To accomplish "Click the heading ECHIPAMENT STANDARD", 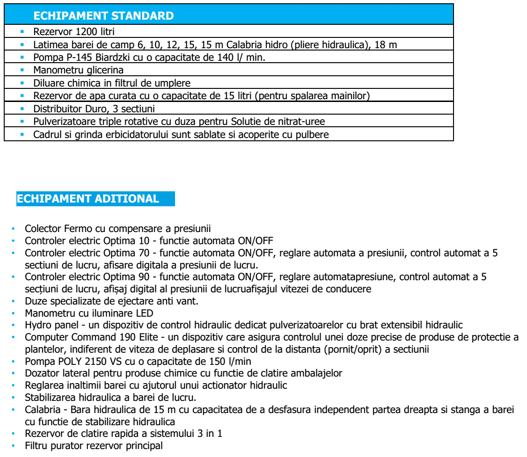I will coord(104,16).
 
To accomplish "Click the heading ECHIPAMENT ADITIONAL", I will coord(88,198).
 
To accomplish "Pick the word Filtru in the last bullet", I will coord(36,446).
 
